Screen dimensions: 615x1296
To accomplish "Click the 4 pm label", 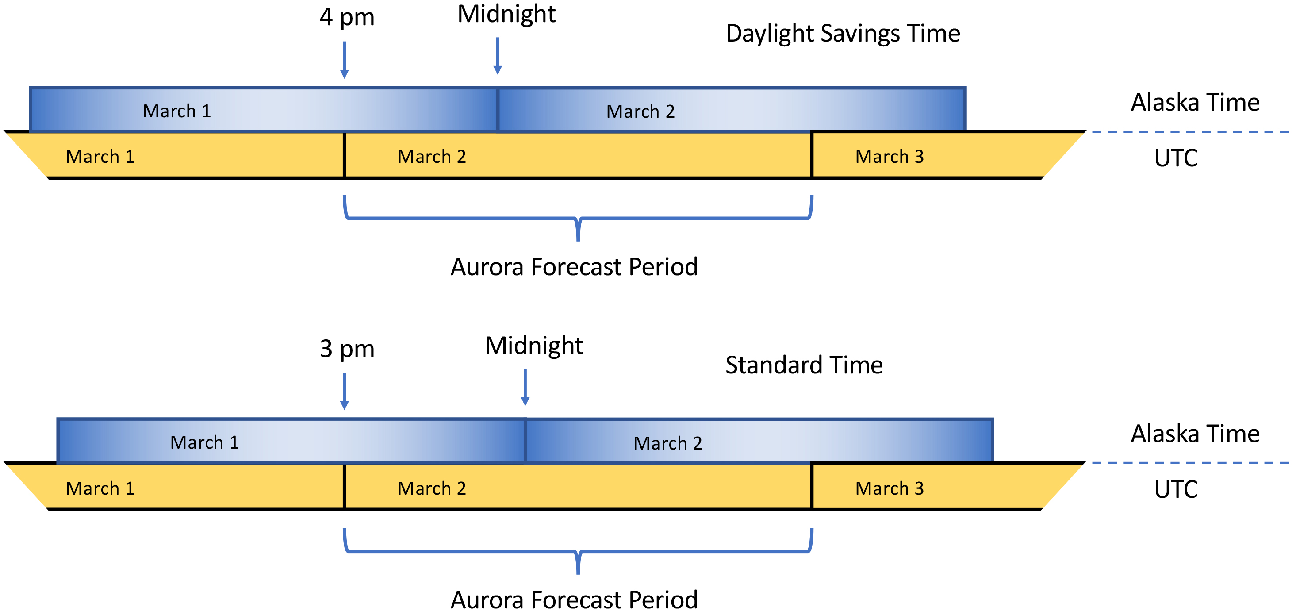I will click(x=347, y=18).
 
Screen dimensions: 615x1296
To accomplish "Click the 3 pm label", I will click(x=347, y=349).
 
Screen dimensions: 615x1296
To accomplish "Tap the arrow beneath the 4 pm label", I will click(x=345, y=60).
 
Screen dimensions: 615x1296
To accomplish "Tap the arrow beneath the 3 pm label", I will click(x=345, y=391).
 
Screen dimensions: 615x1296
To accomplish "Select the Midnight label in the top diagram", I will click(x=506, y=14).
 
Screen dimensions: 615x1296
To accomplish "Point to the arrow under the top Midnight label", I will click(x=498, y=56).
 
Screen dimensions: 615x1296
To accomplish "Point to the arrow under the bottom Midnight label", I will click(x=525, y=387).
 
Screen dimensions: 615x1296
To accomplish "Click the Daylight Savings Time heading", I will click(x=843, y=34).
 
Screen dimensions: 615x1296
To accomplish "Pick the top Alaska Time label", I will click(x=1195, y=103).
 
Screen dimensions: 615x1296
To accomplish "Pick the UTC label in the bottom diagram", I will click(x=1176, y=489).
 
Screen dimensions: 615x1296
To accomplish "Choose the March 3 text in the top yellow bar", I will click(x=890, y=157).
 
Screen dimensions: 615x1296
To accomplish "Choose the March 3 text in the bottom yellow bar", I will click(x=890, y=488).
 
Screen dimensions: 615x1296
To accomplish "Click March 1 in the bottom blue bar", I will click(x=204, y=443).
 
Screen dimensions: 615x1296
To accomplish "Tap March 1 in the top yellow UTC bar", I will click(x=100, y=157).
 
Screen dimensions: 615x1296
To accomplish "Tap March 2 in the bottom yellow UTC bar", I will click(x=432, y=488).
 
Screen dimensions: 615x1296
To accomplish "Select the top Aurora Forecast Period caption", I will click(x=574, y=267).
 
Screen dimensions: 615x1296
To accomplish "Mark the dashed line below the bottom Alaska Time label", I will click(x=1190, y=463).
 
